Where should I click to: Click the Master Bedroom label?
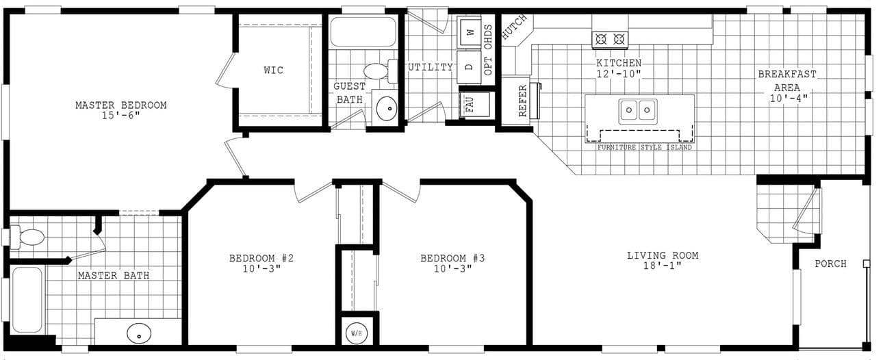120,105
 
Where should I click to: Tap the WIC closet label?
273,70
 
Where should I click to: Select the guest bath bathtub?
363,31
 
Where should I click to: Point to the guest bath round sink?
386,108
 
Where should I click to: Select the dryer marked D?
470,67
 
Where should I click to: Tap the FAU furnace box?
470,105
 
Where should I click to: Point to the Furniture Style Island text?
644,147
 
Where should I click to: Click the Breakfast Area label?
786,86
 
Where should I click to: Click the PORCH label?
830,263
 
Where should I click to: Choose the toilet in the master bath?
30,237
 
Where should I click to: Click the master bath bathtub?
27,300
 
